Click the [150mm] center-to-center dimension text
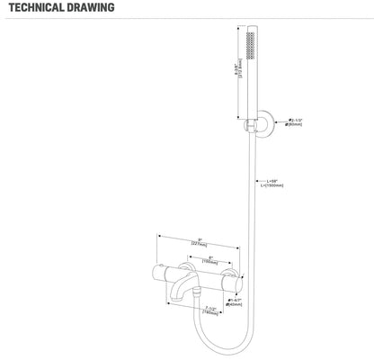(202, 261)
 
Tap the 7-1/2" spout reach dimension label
(211, 309)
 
